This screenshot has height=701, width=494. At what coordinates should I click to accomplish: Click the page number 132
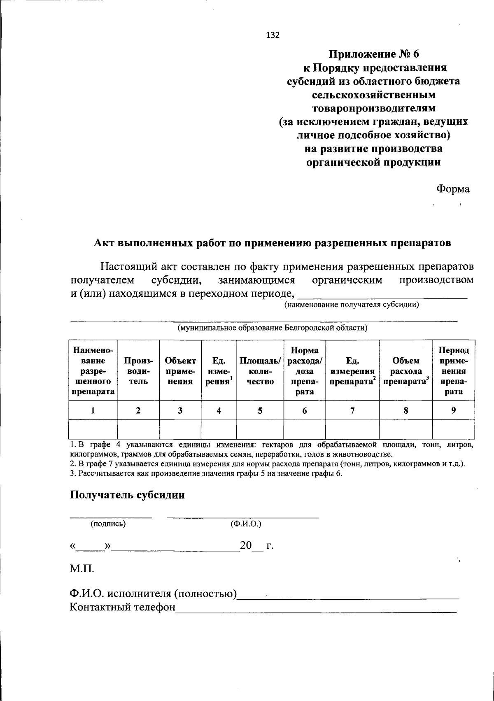click(273, 35)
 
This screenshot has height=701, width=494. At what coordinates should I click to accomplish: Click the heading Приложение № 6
click(373, 54)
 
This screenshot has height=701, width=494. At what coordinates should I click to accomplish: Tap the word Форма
click(452, 189)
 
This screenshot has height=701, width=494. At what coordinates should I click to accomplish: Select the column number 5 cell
click(260, 410)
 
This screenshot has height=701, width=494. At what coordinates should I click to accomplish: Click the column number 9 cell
click(453, 410)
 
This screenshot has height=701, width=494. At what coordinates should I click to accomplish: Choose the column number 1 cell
click(93, 410)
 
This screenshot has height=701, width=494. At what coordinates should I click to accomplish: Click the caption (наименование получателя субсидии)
click(351, 305)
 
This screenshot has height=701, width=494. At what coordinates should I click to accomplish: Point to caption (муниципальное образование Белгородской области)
click(272, 328)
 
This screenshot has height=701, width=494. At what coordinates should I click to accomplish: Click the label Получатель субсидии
click(127, 495)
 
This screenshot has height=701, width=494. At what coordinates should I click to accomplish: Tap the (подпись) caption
click(108, 524)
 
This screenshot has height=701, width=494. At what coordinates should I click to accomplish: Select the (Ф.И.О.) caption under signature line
click(246, 524)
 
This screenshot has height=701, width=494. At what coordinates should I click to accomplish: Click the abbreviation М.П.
click(82, 570)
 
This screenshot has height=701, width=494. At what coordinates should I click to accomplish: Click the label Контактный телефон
click(122, 607)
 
